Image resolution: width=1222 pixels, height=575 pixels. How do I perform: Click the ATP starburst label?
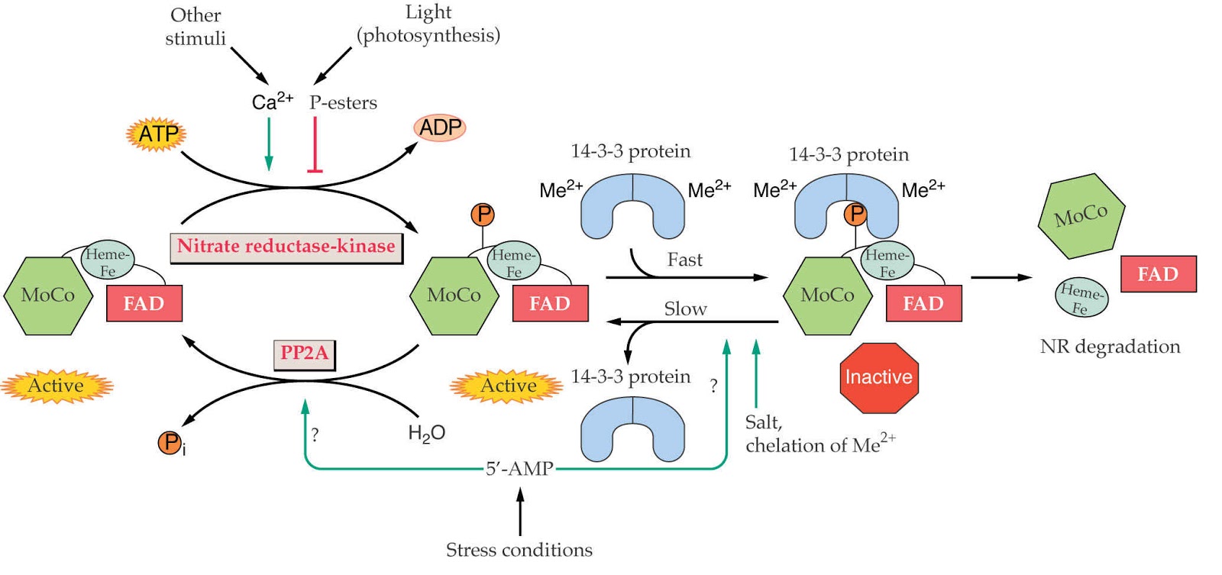click(157, 134)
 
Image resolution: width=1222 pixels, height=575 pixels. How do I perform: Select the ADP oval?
click(440, 128)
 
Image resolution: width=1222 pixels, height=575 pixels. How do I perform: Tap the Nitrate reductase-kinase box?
click(286, 247)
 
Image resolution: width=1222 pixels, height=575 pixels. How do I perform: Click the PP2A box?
click(304, 353)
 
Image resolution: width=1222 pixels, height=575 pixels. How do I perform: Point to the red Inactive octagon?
click(878, 377)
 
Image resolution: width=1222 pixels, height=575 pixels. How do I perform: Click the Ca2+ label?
click(272, 102)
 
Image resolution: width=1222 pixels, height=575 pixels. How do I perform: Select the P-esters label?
click(343, 103)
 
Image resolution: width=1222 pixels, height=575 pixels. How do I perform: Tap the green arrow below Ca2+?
click(269, 145)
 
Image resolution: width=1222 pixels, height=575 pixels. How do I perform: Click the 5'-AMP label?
click(519, 468)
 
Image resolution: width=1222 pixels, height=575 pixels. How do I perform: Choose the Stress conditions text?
click(519, 550)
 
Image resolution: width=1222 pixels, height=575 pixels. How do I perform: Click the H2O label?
click(426, 434)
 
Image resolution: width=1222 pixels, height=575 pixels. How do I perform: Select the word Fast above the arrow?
click(684, 260)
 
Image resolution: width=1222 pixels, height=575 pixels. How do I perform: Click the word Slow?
click(685, 309)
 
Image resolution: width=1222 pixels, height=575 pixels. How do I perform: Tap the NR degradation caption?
click(1110, 347)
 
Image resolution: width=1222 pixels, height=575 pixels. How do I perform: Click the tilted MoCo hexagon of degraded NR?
click(1081, 215)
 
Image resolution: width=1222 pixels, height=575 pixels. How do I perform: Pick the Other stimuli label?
click(196, 27)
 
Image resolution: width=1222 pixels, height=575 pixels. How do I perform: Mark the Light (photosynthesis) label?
click(428, 24)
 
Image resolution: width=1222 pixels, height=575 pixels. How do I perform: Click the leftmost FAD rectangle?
click(144, 304)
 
